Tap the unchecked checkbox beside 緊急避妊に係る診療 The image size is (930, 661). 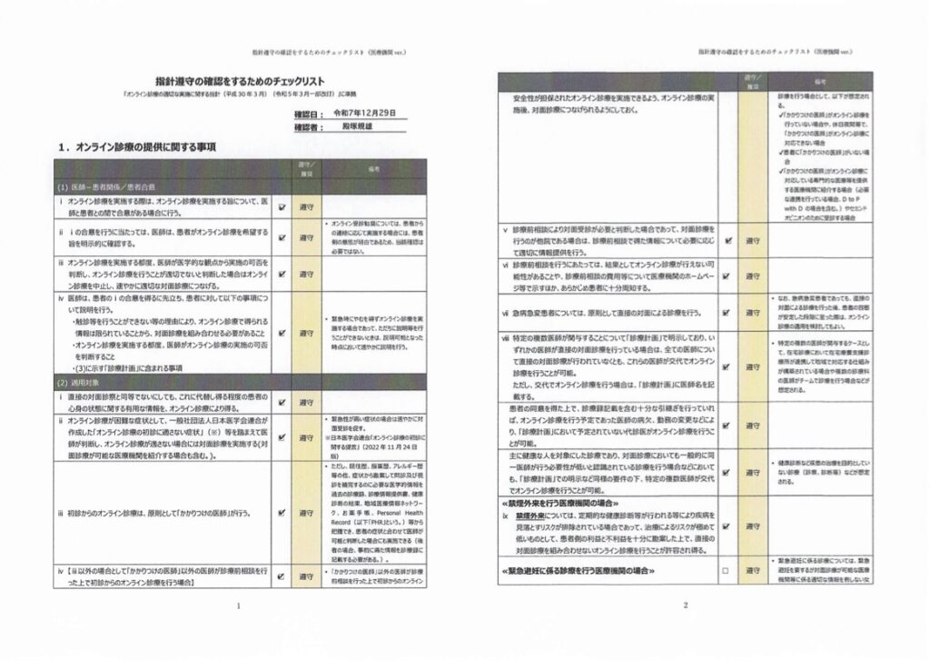[x=725, y=571]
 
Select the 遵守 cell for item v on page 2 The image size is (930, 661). [x=753, y=241]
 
